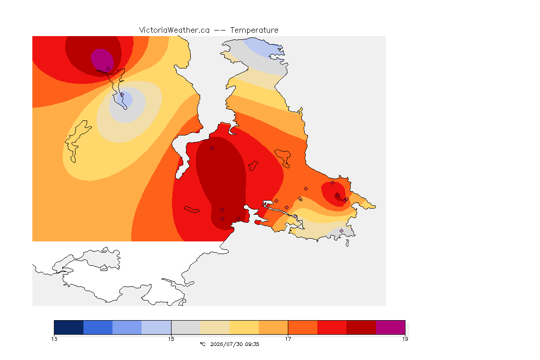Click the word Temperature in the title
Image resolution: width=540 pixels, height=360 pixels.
(x=254, y=30)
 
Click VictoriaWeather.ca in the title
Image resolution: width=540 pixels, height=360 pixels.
(x=174, y=30)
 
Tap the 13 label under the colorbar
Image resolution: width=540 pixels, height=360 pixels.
(x=54, y=339)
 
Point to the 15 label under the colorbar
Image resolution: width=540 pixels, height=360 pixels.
(x=171, y=339)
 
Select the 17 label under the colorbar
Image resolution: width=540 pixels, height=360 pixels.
(x=288, y=339)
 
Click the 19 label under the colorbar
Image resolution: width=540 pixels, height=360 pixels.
(x=405, y=339)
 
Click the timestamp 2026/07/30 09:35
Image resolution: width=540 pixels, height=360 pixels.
(x=234, y=344)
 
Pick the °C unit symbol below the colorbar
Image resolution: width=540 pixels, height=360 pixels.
(x=203, y=344)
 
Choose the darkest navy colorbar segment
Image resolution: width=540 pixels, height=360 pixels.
(x=69, y=327)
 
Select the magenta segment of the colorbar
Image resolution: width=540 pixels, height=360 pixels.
(x=390, y=327)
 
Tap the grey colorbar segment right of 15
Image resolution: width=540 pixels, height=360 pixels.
(x=186, y=327)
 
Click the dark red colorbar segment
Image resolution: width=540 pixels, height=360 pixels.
(x=361, y=327)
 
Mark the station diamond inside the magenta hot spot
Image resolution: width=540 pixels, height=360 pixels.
(x=108, y=69)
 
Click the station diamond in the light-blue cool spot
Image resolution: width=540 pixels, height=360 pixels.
(x=122, y=94)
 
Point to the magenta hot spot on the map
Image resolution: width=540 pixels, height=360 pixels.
(x=102, y=60)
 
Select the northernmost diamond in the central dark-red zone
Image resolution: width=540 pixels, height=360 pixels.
(x=212, y=149)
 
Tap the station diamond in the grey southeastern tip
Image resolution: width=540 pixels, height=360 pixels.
(x=341, y=231)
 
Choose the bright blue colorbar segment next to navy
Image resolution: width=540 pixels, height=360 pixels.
(x=98, y=327)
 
